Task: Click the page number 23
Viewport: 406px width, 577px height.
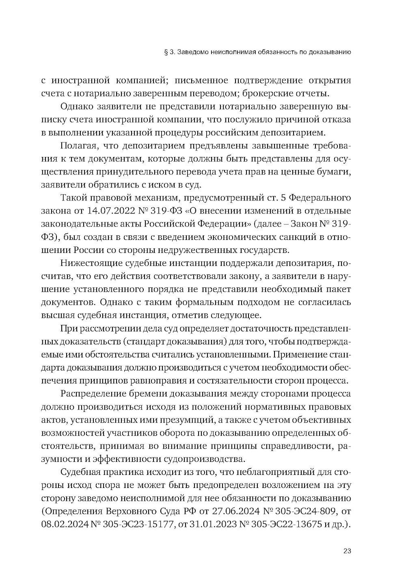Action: click(347, 551)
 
